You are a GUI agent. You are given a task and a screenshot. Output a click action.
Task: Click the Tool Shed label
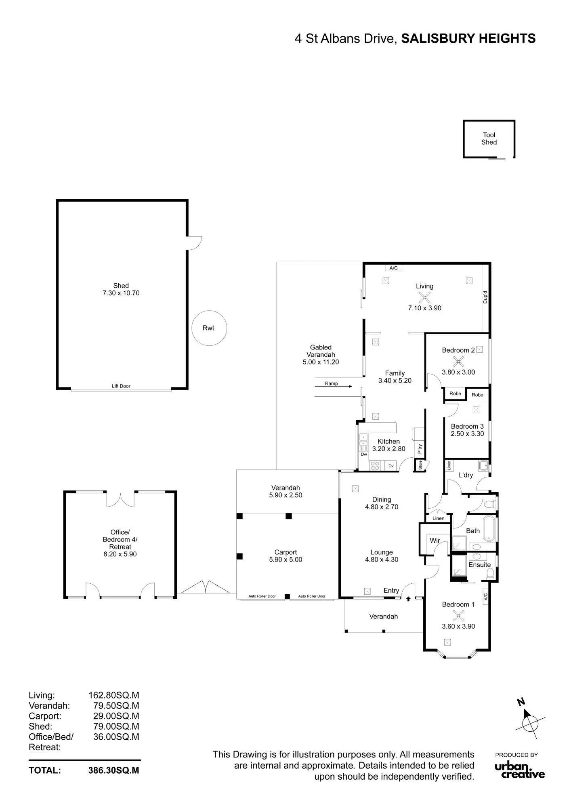click(489, 139)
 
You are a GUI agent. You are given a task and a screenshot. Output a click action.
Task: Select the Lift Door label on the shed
click(121, 386)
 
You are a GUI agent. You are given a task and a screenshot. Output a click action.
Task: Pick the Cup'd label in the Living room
click(485, 297)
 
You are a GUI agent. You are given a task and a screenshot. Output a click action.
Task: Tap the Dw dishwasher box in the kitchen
click(364, 455)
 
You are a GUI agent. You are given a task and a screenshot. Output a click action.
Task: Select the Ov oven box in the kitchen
click(391, 466)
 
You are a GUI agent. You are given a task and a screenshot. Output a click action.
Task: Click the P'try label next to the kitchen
click(420, 449)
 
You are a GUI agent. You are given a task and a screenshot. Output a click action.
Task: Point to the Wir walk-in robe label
click(435, 541)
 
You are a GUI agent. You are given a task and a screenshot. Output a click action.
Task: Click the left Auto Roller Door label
click(262, 596)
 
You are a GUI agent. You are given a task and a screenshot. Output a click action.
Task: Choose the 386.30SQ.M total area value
click(113, 770)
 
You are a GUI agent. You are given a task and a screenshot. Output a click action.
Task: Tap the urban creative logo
click(520, 769)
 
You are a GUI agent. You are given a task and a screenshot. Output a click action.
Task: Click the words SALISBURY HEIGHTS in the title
click(468, 39)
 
